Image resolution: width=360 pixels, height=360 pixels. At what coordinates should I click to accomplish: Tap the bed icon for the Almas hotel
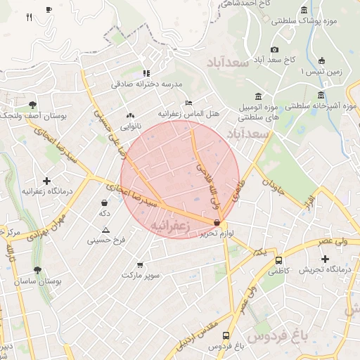188,103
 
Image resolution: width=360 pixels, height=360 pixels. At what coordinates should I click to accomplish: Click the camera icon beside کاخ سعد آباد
274,49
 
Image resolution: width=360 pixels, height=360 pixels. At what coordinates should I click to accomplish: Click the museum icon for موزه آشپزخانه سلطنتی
321,96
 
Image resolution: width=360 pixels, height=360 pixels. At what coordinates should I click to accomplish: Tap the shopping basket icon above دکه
105,202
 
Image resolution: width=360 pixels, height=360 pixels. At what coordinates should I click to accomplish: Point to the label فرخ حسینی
106,240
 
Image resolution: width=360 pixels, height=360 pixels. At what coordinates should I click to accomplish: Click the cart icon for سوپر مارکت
140,265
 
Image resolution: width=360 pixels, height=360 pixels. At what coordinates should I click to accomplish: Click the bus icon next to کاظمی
278,260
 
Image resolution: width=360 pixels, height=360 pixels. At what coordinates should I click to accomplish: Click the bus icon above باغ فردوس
226,336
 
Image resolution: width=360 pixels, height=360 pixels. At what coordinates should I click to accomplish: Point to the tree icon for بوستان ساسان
37,270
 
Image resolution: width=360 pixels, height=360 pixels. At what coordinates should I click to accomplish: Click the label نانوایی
129,127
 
